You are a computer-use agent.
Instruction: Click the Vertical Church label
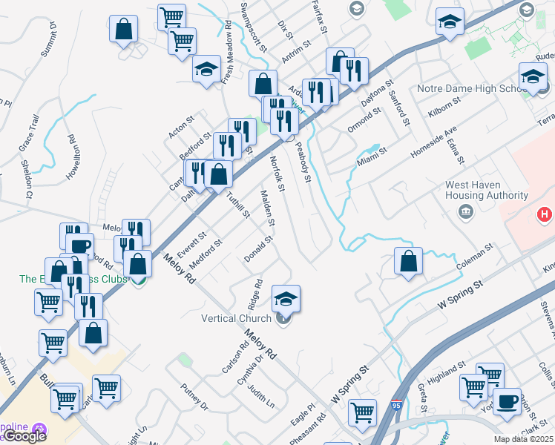pos(236,319)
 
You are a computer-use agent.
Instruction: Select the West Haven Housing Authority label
pos(487,191)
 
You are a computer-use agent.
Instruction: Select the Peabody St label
pos(303,164)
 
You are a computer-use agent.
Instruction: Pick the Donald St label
pos(259,249)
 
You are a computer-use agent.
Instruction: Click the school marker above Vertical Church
pos(286,298)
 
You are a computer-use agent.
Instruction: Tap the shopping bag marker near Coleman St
pos(408,261)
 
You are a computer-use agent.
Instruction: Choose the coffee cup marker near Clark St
pos(507,401)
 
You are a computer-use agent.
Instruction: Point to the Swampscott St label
pos(253,26)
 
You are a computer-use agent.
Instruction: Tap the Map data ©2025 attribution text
pos(524,439)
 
